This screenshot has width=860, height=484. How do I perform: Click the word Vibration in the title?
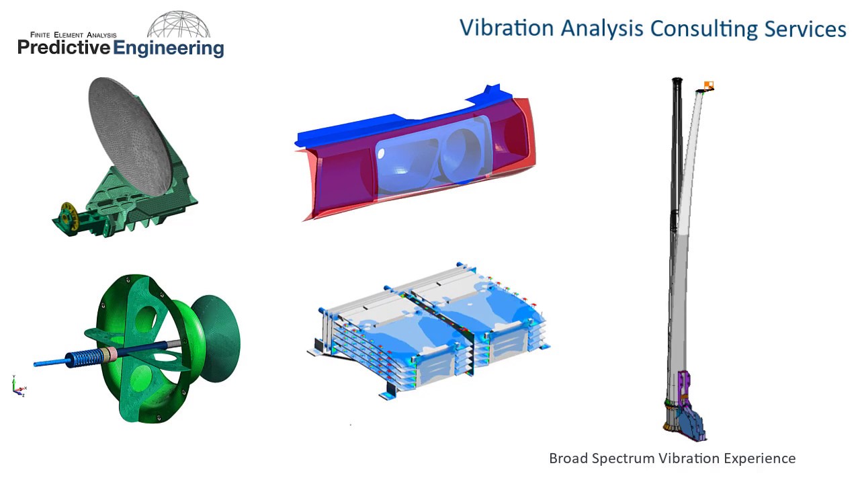tap(507, 28)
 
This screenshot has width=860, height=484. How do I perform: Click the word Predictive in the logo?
tap(63, 48)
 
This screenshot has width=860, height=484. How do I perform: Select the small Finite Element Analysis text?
tap(73, 34)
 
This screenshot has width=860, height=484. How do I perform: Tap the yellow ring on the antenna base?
tap(66, 213)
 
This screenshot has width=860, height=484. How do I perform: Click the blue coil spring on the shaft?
tap(83, 357)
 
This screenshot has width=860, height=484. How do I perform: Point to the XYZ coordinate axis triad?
tap(18, 387)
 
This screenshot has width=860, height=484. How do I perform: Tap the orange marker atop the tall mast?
tap(708, 85)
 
